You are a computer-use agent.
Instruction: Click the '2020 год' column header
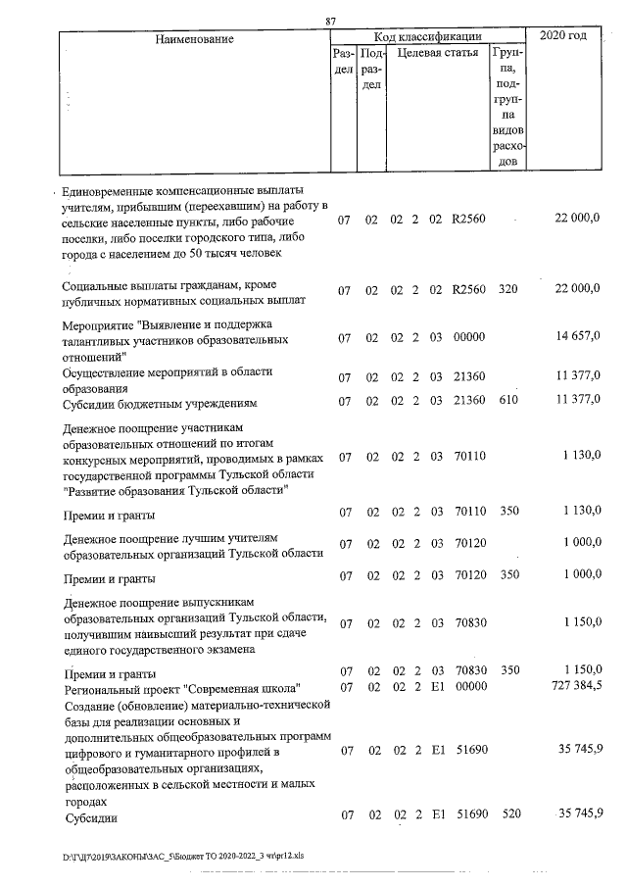(x=565, y=37)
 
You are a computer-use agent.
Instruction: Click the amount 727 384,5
(x=572, y=687)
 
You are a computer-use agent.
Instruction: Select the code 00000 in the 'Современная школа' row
(x=470, y=687)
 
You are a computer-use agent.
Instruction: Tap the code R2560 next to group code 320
(x=468, y=291)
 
